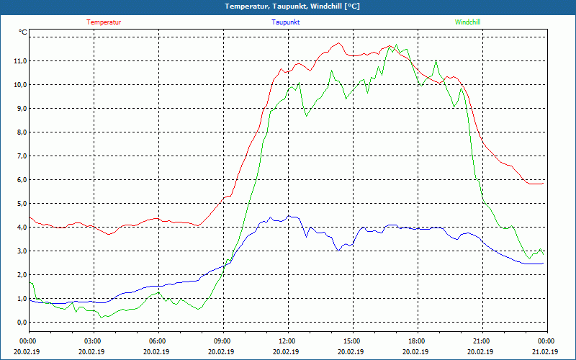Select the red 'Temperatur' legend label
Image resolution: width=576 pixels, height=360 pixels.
tap(104, 22)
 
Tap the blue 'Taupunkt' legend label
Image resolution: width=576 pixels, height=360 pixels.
tap(286, 22)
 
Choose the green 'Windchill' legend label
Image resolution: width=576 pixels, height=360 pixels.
tap(468, 22)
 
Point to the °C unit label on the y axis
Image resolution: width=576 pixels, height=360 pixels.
tap(23, 32)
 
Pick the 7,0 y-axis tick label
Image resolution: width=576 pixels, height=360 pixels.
tap(21, 156)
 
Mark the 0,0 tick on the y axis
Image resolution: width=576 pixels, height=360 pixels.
tap(21, 323)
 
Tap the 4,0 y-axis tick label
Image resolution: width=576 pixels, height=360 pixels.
tap(21, 228)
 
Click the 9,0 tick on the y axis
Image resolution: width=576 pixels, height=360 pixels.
tap(21, 109)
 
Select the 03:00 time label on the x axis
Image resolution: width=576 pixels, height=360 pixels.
tap(93, 341)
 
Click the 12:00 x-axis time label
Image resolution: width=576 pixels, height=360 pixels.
tap(287, 341)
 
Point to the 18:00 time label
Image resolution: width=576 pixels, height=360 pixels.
tap(416, 341)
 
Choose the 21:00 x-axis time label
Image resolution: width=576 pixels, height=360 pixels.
tap(481, 341)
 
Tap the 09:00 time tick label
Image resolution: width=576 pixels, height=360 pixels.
tap(222, 341)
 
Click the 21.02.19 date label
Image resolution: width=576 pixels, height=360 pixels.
tap(545, 352)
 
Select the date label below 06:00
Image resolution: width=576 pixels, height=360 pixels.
tap(157, 352)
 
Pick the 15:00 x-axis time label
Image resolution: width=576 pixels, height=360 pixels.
tap(351, 341)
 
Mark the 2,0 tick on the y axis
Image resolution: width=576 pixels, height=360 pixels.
tap(21, 275)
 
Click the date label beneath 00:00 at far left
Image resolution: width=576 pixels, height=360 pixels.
tap(28, 352)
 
